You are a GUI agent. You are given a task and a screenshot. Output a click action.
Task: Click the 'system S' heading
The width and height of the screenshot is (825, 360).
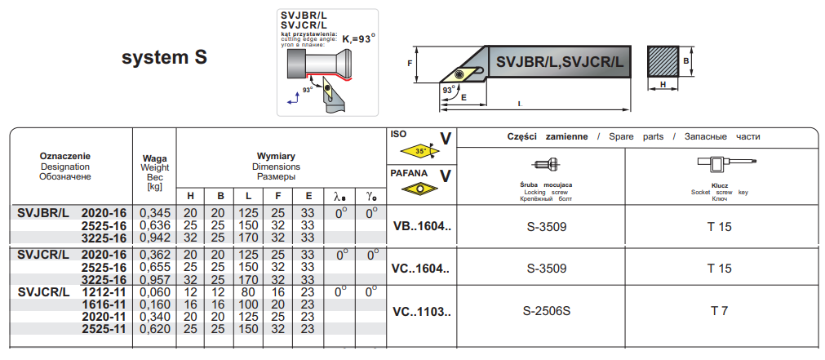pos(164,58)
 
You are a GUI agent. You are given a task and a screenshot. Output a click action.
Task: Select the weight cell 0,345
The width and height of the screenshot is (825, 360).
pos(155,213)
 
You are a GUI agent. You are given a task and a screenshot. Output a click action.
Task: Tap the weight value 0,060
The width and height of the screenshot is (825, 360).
pos(155,291)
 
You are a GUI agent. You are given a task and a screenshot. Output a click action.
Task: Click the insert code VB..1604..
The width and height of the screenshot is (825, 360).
pos(421,226)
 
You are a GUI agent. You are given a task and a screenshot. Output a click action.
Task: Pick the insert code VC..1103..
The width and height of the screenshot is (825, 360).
pos(421,310)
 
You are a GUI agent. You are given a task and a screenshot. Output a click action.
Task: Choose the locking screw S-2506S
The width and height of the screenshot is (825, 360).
pos(546,310)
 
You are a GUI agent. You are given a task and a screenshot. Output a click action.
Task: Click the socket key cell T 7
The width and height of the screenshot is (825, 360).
pos(719,310)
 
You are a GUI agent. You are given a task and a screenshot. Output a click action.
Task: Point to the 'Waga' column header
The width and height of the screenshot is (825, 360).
pos(155,158)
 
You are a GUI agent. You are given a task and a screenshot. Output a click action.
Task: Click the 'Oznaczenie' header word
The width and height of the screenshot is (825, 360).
pos(65,156)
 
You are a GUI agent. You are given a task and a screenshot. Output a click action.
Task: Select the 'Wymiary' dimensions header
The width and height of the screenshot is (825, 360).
pos(276,156)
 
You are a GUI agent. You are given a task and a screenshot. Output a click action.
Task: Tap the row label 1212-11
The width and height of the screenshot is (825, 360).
pos(104,291)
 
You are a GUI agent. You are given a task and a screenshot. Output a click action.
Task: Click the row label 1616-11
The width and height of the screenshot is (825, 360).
pos(104,304)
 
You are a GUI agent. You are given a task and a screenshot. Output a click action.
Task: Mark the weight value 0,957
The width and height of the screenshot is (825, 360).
pos(155,278)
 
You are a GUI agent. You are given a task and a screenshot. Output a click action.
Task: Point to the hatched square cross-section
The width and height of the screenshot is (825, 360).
pos(663,61)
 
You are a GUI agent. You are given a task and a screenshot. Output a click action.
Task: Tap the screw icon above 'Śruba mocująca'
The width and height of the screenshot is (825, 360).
pos(545,163)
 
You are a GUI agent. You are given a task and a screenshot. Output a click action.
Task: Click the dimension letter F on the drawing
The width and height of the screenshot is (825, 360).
pos(410,61)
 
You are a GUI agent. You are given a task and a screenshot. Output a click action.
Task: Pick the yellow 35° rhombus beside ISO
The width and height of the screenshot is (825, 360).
pos(419,152)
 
